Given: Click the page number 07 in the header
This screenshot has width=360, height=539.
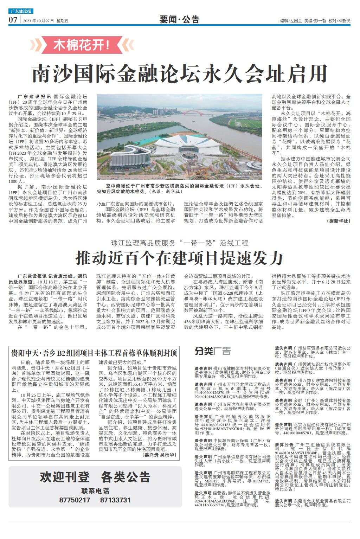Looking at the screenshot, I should (x=13, y=20).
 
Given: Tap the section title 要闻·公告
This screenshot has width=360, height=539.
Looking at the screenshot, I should (x=179, y=20).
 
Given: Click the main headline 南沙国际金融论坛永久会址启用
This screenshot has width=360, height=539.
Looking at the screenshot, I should (x=180, y=73).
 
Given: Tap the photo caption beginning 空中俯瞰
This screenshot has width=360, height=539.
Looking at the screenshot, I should (x=179, y=188).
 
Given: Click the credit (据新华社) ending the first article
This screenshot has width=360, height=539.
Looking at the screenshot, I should (x=339, y=221).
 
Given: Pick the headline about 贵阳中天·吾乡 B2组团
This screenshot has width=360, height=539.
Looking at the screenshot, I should (x=94, y=353).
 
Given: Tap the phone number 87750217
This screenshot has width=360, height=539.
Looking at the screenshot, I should (x=75, y=500).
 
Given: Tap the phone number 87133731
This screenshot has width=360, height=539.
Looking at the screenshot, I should (x=115, y=500).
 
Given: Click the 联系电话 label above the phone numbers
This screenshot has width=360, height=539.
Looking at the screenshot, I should (x=95, y=491).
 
